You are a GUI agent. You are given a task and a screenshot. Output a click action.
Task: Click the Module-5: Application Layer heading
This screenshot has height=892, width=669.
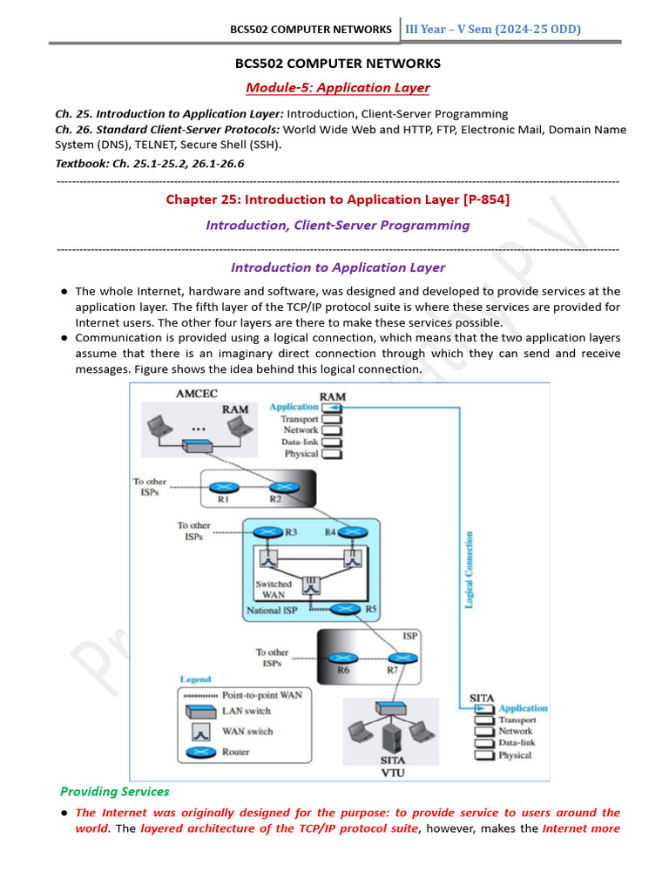click(x=338, y=87)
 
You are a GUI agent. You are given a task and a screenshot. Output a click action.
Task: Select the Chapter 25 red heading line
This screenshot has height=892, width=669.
click(x=338, y=199)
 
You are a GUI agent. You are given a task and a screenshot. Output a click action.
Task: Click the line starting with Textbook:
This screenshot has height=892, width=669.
click(x=149, y=163)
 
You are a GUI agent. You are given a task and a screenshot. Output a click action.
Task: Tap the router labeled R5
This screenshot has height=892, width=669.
click(x=347, y=610)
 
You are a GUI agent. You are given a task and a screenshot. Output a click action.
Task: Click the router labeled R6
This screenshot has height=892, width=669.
click(x=345, y=659)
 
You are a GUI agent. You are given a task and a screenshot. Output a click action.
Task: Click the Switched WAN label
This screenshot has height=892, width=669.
click(x=274, y=589)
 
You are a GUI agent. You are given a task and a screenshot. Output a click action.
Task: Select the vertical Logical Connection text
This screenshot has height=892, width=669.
click(x=470, y=570)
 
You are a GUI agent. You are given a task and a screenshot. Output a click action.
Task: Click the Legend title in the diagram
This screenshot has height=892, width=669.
click(x=195, y=679)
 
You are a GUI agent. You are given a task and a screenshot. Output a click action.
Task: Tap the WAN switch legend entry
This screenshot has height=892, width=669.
click(x=248, y=732)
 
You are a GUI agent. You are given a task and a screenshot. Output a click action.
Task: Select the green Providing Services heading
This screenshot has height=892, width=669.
click(x=115, y=791)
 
